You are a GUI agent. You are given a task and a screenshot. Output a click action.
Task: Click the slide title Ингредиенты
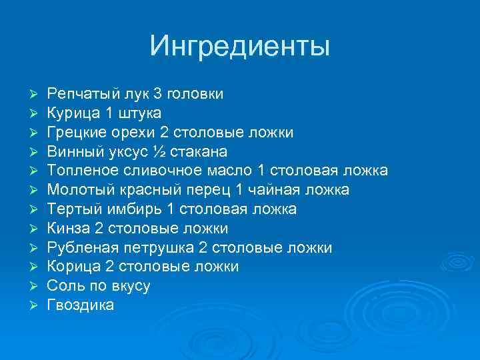tap(240, 46)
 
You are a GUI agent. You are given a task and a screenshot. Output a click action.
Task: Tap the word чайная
tap(281, 190)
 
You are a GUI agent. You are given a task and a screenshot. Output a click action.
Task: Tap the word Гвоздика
tap(81, 305)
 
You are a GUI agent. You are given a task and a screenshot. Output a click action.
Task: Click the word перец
tap(203, 190)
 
